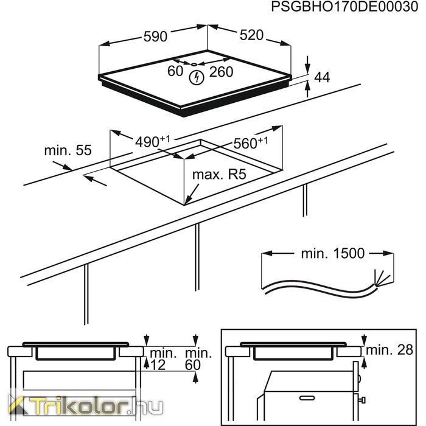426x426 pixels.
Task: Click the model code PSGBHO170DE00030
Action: tap(344, 7)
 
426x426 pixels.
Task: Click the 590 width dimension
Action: tap(155, 37)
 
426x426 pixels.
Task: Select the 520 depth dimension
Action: tap(251, 35)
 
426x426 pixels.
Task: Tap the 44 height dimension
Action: tap(322, 77)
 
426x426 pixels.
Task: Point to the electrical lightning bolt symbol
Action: tap(196, 77)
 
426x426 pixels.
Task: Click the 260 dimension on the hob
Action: tap(221, 72)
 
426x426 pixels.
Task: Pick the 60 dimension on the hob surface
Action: tap(175, 71)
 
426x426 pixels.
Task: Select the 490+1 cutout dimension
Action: tap(152, 141)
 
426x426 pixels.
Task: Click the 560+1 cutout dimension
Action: tap(251, 142)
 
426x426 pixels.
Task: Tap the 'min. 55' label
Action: tap(68, 150)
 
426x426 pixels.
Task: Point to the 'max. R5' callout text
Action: tap(219, 175)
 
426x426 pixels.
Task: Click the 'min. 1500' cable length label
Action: tap(333, 254)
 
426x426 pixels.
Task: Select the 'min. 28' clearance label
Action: tap(389, 350)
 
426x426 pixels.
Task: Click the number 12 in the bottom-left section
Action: tap(158, 365)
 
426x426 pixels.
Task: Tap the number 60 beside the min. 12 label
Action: tap(193, 365)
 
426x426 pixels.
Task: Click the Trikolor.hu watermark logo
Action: tap(85, 406)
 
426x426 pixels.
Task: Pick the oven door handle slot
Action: tap(307, 398)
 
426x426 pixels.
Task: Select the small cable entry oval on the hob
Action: tap(194, 65)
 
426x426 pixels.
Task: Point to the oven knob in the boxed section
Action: tap(362, 400)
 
